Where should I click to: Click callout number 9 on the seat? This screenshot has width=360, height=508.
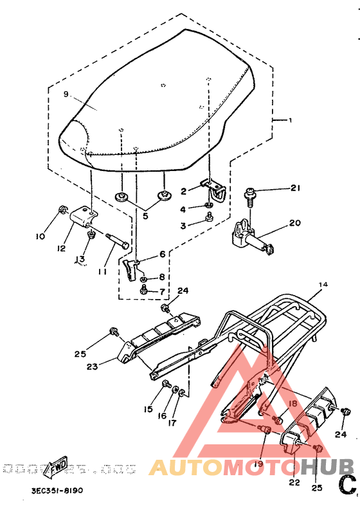66,95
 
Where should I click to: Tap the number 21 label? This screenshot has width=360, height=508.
294,188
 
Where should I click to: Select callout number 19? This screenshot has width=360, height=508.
258,463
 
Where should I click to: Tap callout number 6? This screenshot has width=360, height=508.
162,254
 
